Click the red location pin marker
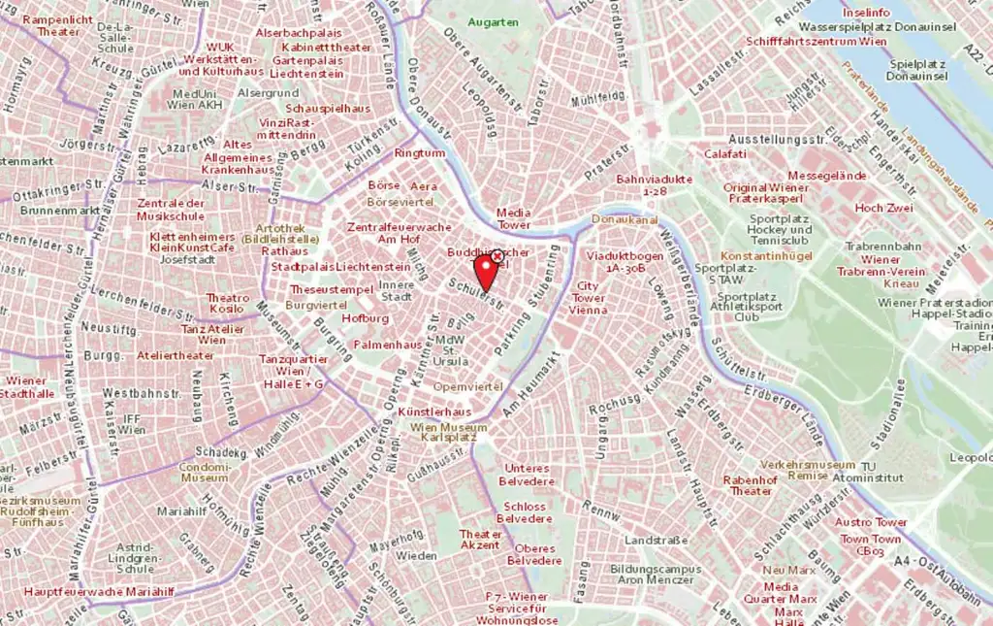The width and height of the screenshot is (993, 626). tap(485, 271)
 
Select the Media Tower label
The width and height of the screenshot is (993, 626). tap(513, 218)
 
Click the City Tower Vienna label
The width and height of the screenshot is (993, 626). tap(588, 298)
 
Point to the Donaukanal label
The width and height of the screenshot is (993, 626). tap(618, 219)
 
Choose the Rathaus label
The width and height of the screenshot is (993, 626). tap(284, 250)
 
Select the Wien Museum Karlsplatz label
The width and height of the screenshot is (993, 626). tap(449, 432)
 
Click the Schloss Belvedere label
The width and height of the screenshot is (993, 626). tap(525, 512)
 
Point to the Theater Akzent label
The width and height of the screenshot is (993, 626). tap(480, 540)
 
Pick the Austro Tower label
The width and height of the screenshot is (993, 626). tap(872, 522)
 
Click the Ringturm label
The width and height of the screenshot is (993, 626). tap(419, 153)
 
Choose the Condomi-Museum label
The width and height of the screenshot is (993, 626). tap(205, 471)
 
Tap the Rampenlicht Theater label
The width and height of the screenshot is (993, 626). tap(58, 25)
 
